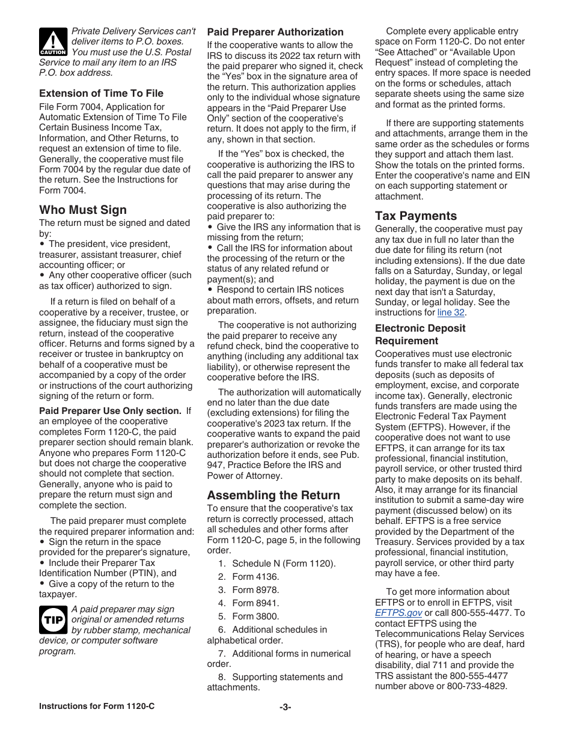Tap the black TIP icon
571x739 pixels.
point(53,619)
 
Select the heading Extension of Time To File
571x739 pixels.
point(101,93)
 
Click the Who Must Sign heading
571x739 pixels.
point(83,210)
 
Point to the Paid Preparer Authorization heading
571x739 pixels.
point(275,32)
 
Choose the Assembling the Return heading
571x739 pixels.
point(273,495)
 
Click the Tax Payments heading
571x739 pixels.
point(416,216)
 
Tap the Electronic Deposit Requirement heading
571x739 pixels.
point(420,335)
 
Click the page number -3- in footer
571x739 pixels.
point(285,707)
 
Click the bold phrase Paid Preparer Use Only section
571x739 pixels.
point(110,411)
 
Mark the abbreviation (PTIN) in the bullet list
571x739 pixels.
point(144,573)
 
